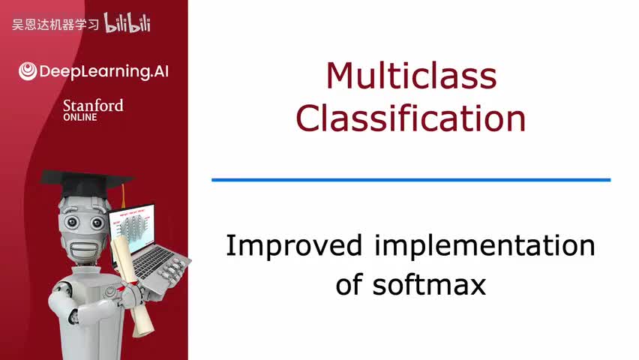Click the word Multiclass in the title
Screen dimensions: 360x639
411,76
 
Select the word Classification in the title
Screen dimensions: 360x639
411,118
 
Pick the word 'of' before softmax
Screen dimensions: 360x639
349,285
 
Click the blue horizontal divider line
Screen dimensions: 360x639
411,180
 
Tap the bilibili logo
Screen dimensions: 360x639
127,23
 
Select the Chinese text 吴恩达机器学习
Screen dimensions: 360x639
55,25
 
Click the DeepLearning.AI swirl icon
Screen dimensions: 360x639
27,71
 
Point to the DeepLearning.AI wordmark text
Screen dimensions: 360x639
102,71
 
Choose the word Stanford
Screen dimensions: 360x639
93,105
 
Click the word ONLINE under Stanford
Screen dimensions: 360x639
80,117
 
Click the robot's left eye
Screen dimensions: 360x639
71,223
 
